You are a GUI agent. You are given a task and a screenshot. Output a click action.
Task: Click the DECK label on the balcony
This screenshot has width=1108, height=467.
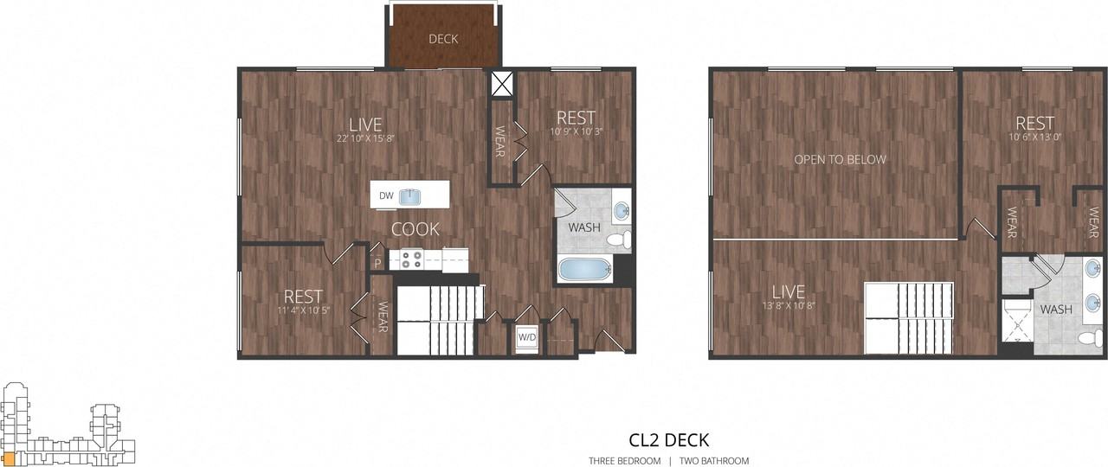point(443,39)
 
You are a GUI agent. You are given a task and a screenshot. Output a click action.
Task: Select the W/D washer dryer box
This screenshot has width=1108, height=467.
point(526,338)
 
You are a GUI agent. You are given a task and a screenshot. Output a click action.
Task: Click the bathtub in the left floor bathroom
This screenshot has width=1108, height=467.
point(584,269)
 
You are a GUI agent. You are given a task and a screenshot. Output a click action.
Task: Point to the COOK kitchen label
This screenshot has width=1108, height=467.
point(415,229)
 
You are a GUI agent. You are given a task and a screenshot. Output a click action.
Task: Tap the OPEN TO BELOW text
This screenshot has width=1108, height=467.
point(841,159)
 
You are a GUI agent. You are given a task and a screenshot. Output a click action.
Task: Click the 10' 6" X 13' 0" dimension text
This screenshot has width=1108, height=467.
point(1034,136)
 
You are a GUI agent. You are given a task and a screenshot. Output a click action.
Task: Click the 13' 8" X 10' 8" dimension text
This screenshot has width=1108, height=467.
point(789,304)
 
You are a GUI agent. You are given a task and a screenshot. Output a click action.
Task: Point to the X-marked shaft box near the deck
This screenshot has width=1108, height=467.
point(502,83)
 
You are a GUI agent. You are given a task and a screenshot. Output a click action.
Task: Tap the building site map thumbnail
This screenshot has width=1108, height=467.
point(68,425)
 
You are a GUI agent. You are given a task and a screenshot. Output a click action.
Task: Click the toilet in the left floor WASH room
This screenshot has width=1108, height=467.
point(616,240)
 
